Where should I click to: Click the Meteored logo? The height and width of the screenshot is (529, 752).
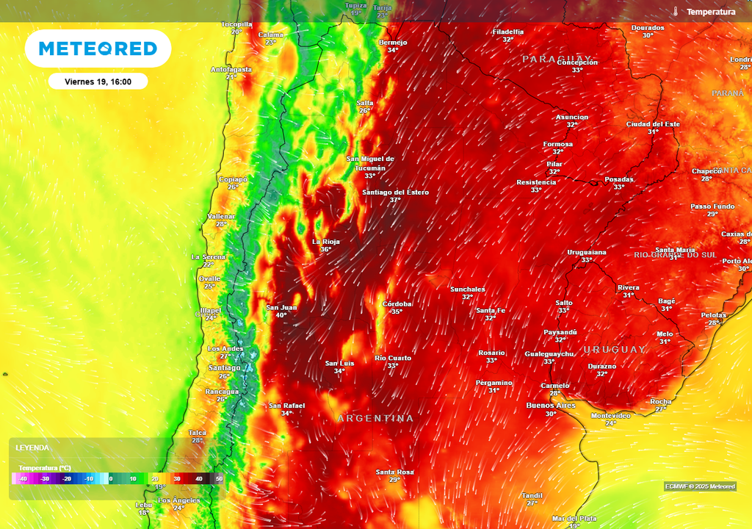point(98,49)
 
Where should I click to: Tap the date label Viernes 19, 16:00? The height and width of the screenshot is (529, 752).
point(98,82)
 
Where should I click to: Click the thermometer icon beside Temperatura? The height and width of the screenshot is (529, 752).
point(674,12)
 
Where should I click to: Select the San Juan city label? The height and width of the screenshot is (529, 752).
point(281,307)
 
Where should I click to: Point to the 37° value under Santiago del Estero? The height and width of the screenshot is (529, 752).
point(395,200)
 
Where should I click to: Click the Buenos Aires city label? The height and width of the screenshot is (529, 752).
point(551,406)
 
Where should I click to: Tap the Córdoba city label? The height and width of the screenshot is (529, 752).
point(397,303)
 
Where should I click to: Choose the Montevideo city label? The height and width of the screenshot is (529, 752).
point(610,415)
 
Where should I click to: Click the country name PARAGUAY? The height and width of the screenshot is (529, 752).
point(557,59)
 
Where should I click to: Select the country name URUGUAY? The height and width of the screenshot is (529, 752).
point(615,350)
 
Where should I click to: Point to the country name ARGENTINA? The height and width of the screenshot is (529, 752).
point(375,418)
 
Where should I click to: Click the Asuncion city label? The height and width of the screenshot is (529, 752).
point(571,117)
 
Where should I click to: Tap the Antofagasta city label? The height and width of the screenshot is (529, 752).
point(231,69)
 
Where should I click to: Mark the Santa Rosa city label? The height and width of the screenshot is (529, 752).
point(394,472)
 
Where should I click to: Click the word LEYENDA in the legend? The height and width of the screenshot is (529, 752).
point(33,447)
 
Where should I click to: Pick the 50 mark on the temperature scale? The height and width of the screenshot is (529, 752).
point(218,479)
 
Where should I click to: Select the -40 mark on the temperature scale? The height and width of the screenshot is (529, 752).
point(23,479)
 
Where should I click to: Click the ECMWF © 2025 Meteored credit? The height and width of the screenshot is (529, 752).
point(700,486)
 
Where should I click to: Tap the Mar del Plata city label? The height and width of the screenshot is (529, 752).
point(575,518)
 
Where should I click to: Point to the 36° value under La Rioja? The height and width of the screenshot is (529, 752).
point(325,249)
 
